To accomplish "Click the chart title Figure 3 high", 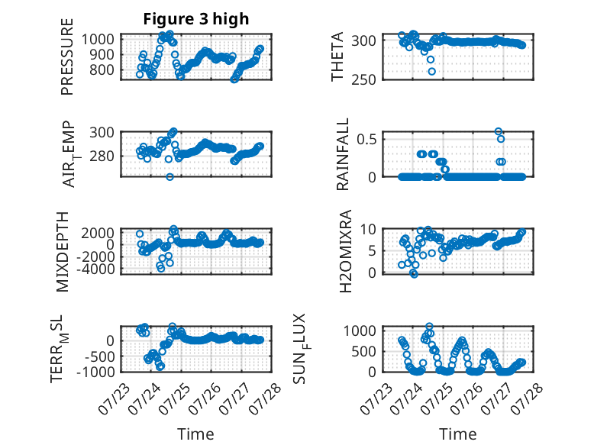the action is pos(196,18).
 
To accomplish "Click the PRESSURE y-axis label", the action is pos(66,56).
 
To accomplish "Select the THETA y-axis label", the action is pos(337,56).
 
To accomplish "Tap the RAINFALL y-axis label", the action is pos(342,154).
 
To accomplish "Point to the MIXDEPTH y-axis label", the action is pos(62,252).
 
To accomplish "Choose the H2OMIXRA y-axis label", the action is pos(346,251).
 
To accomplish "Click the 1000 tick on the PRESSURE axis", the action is pos(98,39).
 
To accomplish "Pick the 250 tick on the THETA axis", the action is pos(363,80).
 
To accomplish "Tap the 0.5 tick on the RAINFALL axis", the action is pos(366,139).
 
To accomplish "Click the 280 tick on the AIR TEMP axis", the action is pos(102,156).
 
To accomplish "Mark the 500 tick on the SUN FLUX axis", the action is pos(364,351).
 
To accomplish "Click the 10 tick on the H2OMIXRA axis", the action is pos(368,229).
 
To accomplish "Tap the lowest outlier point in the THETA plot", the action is pos(431,71).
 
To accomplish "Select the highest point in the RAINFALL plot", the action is pos(498,131).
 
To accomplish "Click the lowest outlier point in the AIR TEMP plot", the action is pos(169,176).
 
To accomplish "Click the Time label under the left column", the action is pos(195,434).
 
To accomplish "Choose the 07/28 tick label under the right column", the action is pos(528,398).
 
